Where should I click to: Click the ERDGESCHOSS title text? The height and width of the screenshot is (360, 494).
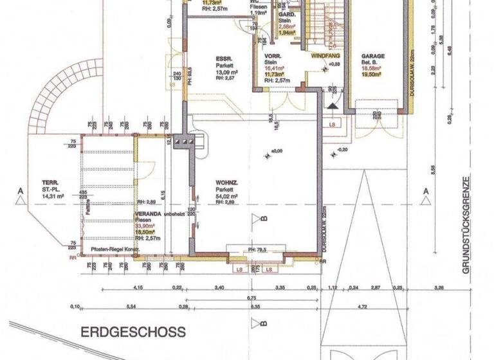click(x=133, y=332)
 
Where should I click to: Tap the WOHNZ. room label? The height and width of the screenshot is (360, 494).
click(x=227, y=183)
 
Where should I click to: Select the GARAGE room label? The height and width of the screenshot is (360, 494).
click(x=373, y=56)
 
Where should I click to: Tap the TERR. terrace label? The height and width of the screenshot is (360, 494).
click(x=47, y=181)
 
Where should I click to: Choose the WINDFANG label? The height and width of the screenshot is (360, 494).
click(x=324, y=57)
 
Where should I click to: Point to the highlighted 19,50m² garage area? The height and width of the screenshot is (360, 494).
click(x=371, y=75)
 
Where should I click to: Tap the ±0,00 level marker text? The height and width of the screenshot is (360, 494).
click(x=277, y=152)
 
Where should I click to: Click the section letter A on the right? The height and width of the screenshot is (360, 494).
click(x=425, y=191)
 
